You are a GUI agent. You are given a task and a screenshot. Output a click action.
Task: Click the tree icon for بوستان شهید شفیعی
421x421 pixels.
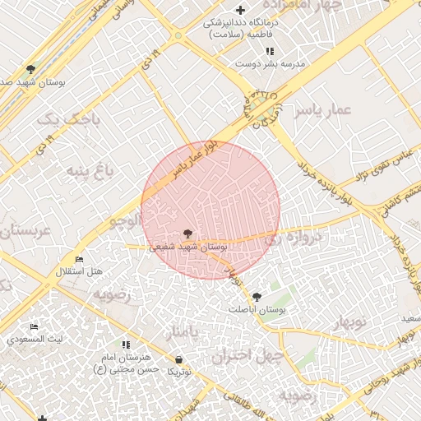click(187, 234)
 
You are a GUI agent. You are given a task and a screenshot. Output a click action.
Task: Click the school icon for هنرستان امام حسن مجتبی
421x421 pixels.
click(126, 345)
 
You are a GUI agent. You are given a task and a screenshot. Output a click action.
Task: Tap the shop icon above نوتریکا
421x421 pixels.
click(179, 360)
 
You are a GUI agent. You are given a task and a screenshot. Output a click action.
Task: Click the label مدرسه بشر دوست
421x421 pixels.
click(270, 63)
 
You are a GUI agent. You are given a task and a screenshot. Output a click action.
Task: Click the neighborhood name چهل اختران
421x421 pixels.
click(246, 356)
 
